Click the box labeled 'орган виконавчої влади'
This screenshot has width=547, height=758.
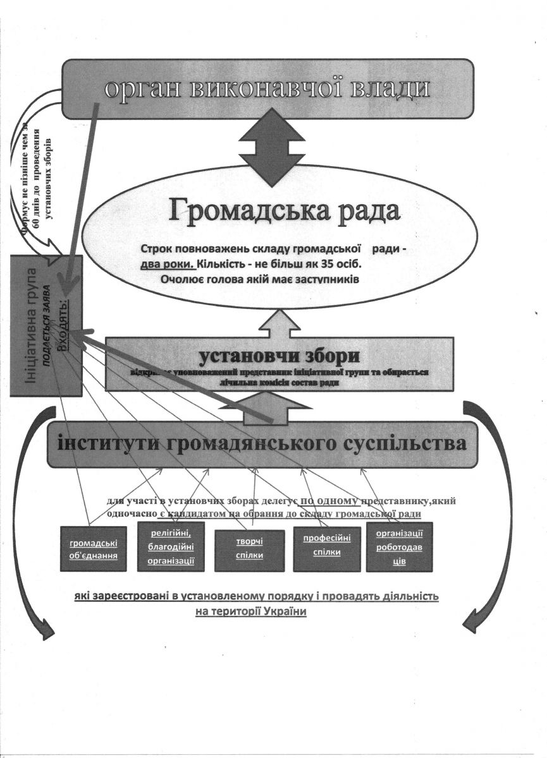pyautogui.click(x=268, y=88)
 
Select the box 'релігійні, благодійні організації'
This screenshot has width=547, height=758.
pyautogui.click(x=171, y=546)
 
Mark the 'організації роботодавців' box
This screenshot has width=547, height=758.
pyautogui.click(x=399, y=547)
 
